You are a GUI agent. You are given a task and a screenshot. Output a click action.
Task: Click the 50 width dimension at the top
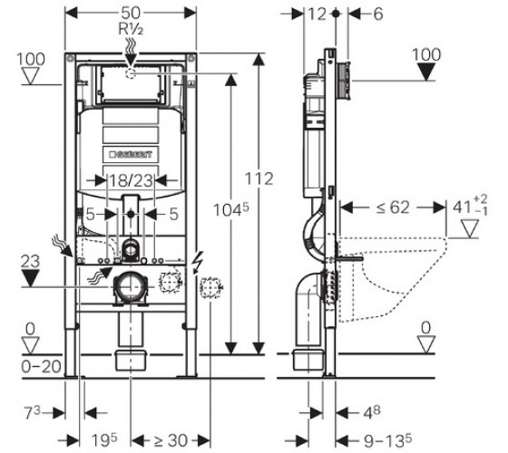(x=131, y=14)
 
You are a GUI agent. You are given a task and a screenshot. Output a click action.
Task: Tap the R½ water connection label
(x=131, y=29)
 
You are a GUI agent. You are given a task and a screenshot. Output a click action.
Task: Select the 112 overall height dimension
(x=259, y=178)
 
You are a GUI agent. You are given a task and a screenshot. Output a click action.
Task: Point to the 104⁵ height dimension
(x=231, y=209)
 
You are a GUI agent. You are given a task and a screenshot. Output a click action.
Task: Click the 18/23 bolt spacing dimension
(x=131, y=180)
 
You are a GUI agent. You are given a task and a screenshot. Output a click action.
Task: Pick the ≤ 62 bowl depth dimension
(x=393, y=207)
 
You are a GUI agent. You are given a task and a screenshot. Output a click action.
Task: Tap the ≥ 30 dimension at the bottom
(x=171, y=440)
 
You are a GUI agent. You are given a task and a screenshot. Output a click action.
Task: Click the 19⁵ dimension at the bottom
(x=103, y=439)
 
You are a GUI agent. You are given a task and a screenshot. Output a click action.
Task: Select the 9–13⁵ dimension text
(x=387, y=440)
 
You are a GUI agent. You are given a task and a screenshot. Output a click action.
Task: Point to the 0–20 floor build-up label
(x=41, y=367)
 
